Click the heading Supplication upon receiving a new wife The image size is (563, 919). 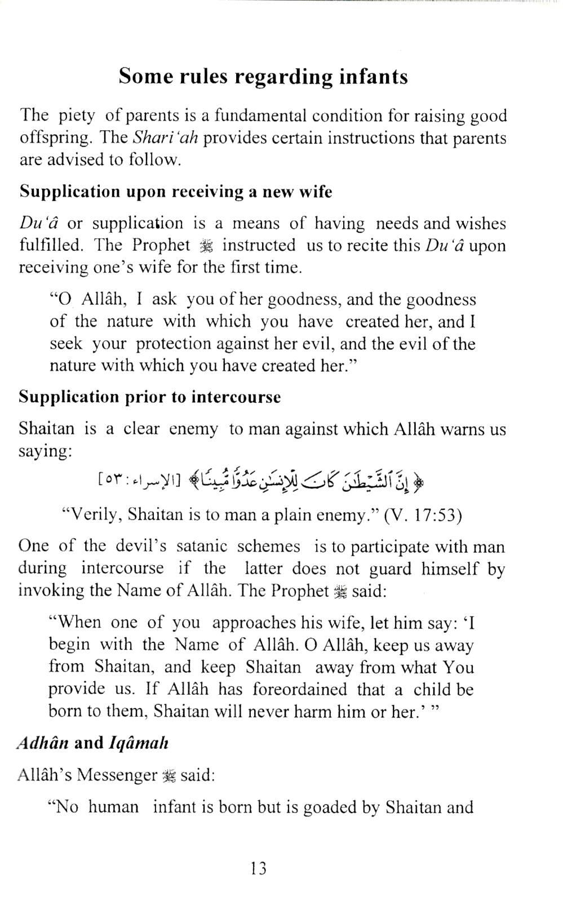pos(176,192)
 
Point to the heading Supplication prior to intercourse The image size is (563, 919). pos(150,397)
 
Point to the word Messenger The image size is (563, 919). pos(117,775)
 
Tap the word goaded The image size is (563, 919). pos(330,807)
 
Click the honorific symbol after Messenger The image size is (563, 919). pos(169,776)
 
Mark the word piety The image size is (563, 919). pos(77,116)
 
